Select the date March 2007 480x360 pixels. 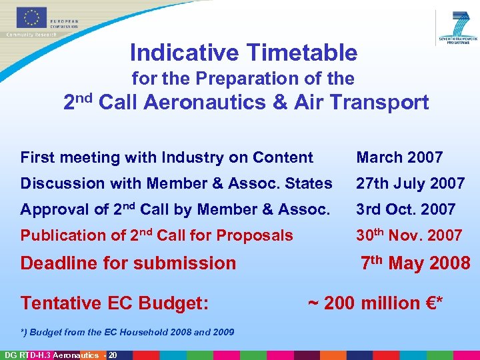click(x=399, y=157)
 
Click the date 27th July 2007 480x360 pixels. click(x=410, y=183)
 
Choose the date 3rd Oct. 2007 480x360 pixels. click(x=405, y=209)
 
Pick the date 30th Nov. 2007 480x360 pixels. click(x=409, y=235)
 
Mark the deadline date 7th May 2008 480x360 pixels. click(x=415, y=263)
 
